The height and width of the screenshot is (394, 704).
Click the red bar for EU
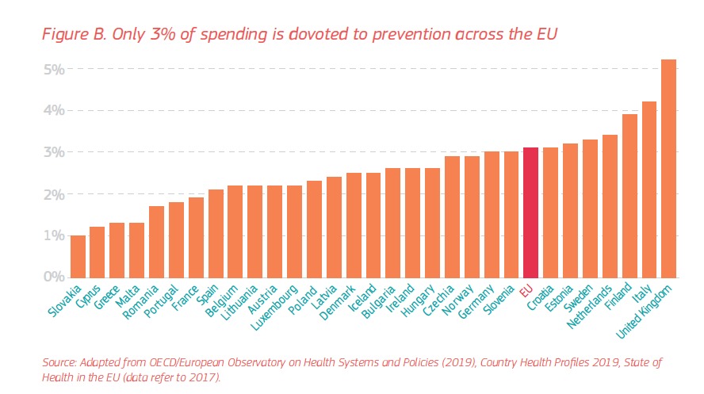coord(530,212)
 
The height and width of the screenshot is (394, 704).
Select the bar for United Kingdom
coord(668,168)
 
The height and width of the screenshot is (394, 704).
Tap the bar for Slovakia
coord(78,256)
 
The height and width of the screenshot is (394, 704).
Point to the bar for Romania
coord(156,242)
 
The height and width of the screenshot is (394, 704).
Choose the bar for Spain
coord(216,233)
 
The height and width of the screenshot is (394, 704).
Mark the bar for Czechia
coord(452,216)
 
